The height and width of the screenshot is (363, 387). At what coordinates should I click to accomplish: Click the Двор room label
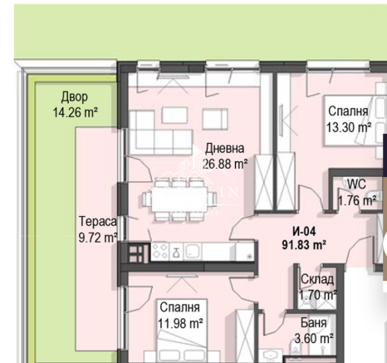point(74,97)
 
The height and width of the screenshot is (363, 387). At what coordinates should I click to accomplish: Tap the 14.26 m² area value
point(75,112)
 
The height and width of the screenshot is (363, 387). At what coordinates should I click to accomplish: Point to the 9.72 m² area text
point(98,238)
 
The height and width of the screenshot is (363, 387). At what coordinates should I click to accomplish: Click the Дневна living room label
point(224,149)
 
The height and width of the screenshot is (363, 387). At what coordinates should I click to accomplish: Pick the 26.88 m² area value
point(225,164)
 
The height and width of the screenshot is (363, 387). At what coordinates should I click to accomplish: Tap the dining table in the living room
point(179,199)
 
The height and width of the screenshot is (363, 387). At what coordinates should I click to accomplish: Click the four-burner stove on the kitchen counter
point(160,252)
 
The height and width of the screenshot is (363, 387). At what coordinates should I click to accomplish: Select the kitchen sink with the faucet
point(175,252)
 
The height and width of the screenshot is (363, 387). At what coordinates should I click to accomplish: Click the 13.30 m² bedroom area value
point(349,128)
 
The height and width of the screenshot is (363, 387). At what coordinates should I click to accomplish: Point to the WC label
point(356,184)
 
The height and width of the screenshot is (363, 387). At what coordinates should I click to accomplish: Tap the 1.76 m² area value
point(357,200)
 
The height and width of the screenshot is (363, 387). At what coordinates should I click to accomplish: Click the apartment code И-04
point(304,232)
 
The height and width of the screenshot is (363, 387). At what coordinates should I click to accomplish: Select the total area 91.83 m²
point(304,245)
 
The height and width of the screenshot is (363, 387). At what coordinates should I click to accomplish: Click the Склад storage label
point(317,279)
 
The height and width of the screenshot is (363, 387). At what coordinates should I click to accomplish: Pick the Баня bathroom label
point(314,323)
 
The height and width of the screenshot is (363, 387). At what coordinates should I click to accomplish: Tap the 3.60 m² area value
point(314,338)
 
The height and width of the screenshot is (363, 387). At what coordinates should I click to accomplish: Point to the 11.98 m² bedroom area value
point(180,323)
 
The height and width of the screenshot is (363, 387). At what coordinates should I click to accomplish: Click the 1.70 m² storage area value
point(317,295)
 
